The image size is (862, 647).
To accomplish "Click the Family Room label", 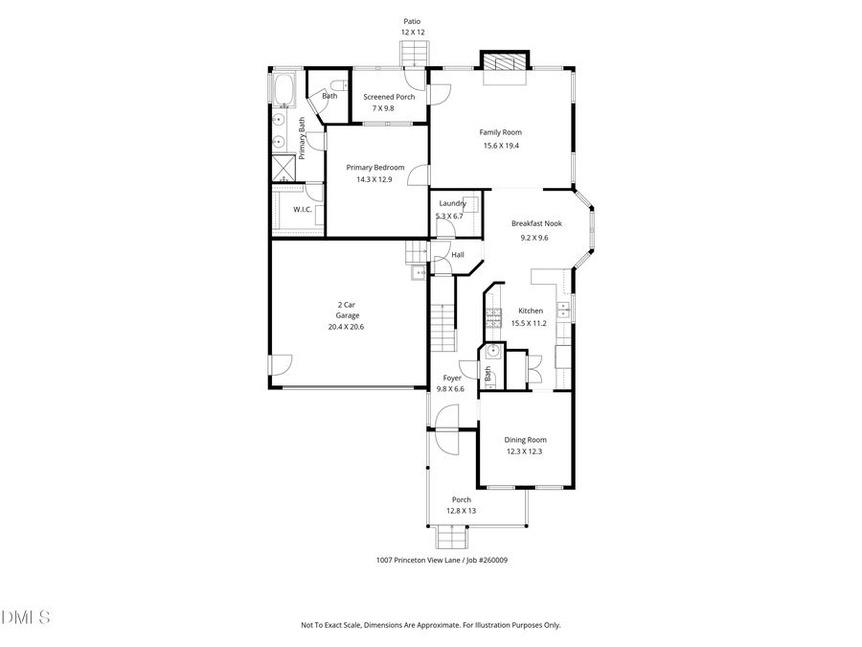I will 500,132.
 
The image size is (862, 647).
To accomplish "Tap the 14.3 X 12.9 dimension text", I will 374,179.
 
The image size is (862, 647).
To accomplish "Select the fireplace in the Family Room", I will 504,63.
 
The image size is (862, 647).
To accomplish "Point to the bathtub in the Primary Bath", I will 284,90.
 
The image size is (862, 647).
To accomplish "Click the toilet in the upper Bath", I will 339,86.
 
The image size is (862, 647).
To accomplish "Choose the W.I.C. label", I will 302,209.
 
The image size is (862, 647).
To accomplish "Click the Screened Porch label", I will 389,97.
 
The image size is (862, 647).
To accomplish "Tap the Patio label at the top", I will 412,20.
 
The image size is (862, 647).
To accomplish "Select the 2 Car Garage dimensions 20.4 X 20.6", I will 346,327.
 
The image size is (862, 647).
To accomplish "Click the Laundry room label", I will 452,203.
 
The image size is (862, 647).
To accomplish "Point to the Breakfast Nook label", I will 535,223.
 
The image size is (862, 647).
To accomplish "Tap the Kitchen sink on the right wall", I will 565,309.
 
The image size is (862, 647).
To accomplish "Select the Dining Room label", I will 525,440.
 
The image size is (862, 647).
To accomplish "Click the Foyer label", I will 450,378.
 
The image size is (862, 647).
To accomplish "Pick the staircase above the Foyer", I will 442,327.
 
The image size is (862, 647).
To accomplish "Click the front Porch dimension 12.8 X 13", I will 461,511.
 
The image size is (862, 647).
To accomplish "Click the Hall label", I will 457,255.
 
